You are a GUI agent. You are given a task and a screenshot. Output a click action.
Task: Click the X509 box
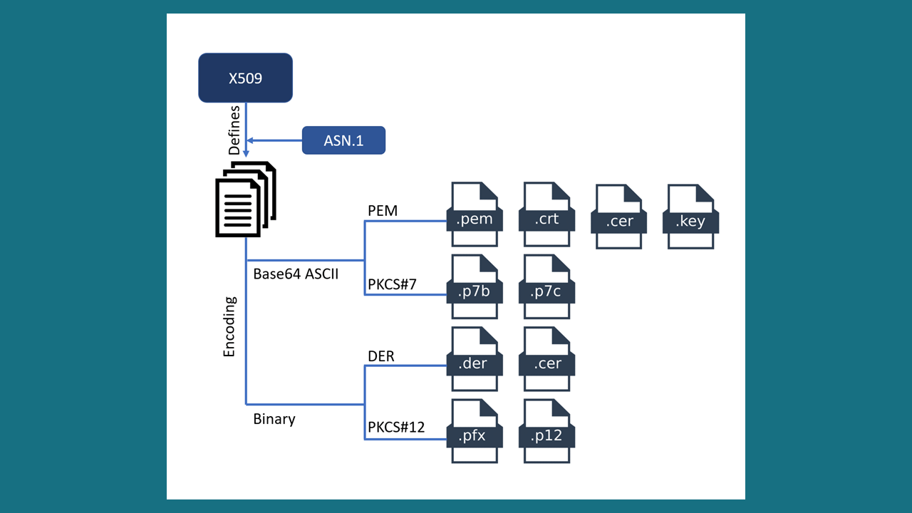tap(245, 78)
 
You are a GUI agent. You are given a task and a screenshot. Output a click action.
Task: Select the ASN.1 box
tap(343, 140)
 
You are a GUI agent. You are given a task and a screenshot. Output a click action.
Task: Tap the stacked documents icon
tap(245, 199)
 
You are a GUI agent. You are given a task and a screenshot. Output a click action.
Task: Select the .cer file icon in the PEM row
tap(619, 217)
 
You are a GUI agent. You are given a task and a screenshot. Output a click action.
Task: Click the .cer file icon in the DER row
tap(547, 360)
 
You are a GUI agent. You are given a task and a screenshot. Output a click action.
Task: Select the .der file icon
tap(475, 360)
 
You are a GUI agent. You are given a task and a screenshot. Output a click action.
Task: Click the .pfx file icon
tap(475, 432)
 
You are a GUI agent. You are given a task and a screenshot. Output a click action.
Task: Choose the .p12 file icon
tap(547, 432)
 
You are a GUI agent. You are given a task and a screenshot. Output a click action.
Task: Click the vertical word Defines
tap(234, 130)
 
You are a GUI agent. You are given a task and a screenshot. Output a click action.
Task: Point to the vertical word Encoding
tap(229, 327)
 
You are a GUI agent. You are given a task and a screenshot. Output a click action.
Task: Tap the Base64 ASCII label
tap(296, 273)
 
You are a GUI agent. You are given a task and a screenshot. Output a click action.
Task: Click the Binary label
tap(274, 419)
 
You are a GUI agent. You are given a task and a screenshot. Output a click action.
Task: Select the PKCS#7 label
tap(392, 285)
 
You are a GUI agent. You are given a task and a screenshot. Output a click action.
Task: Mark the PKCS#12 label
tap(396, 427)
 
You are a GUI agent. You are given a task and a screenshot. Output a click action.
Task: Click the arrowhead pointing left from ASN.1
tap(250, 140)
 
